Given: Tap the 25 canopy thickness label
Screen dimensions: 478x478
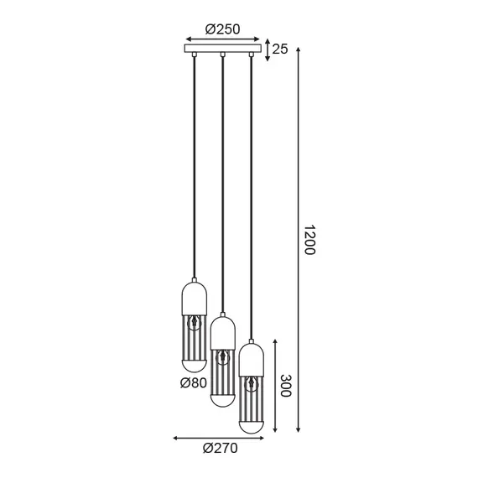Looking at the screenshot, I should point(280,49).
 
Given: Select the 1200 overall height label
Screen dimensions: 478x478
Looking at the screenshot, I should point(309,240).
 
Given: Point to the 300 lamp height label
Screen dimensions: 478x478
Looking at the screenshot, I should point(286,387).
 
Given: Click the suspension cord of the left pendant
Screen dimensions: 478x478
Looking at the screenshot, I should point(194,168).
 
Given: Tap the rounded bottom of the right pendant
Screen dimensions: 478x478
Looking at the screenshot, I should point(252,423).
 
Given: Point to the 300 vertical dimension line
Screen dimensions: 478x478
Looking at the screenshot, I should point(275,387).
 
